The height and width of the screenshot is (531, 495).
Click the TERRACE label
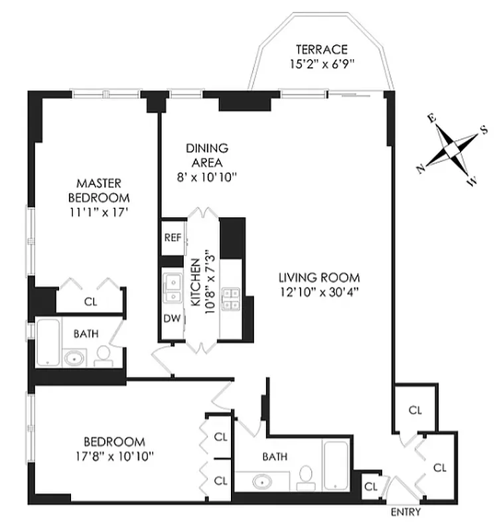tap(321, 49)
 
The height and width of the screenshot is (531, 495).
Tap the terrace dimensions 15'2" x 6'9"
tap(321, 64)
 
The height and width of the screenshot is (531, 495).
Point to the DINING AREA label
tap(206, 155)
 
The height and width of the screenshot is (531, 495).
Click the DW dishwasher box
tap(171, 317)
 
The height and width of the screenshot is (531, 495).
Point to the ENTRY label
tap(405, 513)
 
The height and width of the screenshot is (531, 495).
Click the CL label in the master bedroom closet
tap(90, 300)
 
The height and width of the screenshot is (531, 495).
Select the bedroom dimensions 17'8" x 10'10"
tap(113, 456)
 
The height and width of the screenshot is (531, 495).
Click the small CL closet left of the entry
tap(370, 486)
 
